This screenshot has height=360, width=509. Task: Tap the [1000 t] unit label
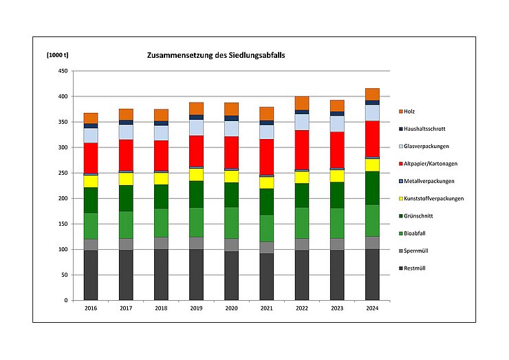coord(57,54)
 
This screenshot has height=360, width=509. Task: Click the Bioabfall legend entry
coord(419,233)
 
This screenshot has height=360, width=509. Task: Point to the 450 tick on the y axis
coord(63,71)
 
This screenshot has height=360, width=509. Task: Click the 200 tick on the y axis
coord(63,198)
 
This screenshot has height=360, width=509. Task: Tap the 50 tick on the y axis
coord(64,275)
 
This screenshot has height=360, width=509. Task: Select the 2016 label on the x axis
coord(91,309)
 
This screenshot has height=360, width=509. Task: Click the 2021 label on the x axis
coord(267,309)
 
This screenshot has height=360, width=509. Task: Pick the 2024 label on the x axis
coord(372,309)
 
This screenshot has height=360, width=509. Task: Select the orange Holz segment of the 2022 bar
coord(302,103)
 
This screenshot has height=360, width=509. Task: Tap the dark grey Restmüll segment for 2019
coord(197,275)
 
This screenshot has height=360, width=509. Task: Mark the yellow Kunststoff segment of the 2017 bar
coord(126,179)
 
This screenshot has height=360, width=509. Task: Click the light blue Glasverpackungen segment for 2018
coord(161,133)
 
